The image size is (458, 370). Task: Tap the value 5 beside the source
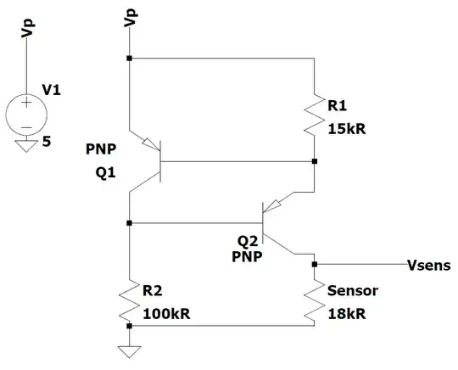point(47,143)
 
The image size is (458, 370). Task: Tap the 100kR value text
point(166,314)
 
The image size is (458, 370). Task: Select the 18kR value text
point(347,313)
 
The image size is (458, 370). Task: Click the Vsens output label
point(429,265)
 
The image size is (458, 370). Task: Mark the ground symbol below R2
point(129,350)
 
